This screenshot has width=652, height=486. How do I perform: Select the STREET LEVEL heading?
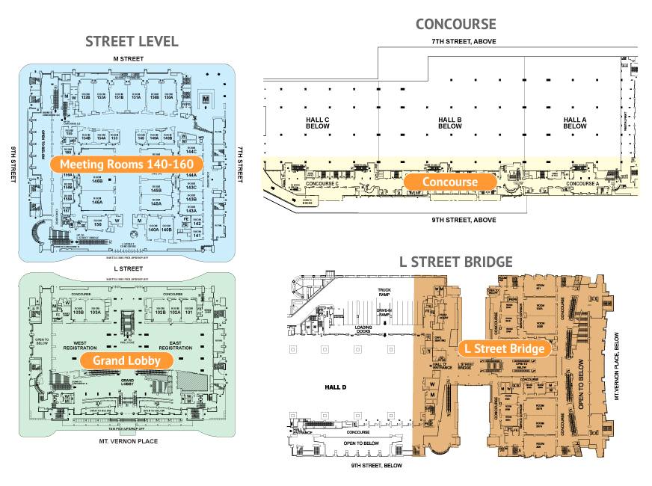coord(132,41)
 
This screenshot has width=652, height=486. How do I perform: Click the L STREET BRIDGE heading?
coord(456,261)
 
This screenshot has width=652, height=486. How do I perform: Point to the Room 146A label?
coord(97,200)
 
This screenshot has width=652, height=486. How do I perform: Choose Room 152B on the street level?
coord(85,96)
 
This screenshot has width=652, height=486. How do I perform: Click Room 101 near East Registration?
coord(188,312)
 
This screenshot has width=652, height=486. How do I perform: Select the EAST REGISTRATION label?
coord(176,345)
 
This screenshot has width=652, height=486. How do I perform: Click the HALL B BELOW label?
coord(449,123)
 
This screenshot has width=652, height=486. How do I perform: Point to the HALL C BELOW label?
coord(319,123)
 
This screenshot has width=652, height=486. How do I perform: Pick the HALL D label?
coord(337,387)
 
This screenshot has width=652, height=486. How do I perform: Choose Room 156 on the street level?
coord(97,223)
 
